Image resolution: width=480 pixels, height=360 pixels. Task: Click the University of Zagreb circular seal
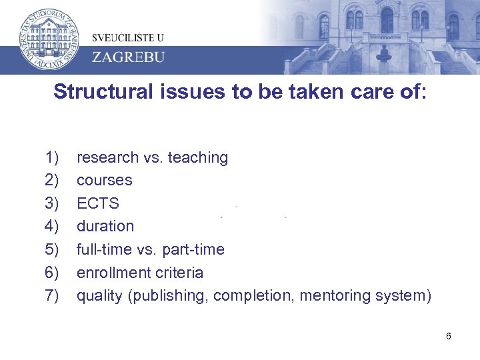46,37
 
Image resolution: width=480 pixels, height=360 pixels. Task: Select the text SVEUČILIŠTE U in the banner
128,37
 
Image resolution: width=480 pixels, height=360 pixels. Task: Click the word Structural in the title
104,91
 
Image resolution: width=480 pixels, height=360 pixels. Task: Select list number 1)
53,157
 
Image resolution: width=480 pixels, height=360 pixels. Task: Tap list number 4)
53,226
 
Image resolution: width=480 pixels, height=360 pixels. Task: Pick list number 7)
53,295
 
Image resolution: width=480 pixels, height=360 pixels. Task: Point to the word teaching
198,157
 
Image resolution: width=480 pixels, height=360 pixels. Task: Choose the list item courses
105,180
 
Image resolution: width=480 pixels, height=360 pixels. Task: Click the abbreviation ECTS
98,203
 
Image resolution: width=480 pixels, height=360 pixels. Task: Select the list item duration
105,226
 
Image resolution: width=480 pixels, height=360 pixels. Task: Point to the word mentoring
331,295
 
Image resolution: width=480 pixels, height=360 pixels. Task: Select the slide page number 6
449,336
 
